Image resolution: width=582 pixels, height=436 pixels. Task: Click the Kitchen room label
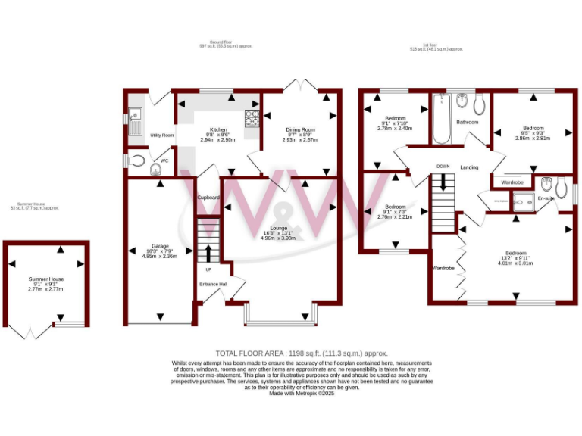(x=218, y=129)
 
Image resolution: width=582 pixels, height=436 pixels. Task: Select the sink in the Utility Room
(x=136, y=119)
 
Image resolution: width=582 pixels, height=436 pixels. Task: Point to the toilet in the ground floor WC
(x=136, y=160)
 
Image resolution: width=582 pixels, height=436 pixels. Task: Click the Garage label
(x=159, y=246)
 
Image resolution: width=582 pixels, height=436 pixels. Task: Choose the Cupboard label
(x=208, y=198)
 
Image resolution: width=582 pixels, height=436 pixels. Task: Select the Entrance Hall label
(x=213, y=284)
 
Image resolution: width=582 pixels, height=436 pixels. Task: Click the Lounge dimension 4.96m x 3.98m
(x=277, y=238)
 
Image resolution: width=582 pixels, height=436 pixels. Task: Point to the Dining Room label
(x=300, y=129)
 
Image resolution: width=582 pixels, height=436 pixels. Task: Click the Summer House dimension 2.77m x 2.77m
(x=46, y=289)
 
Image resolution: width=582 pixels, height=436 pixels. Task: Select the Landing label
(x=469, y=167)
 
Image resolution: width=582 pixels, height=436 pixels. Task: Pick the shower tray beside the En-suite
(x=522, y=200)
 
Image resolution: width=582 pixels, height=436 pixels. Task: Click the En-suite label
(x=546, y=198)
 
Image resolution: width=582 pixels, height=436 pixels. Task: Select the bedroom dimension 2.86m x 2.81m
(x=532, y=139)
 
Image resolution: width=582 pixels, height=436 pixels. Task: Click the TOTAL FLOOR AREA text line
(x=302, y=353)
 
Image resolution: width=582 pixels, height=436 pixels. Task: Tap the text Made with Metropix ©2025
(x=302, y=394)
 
